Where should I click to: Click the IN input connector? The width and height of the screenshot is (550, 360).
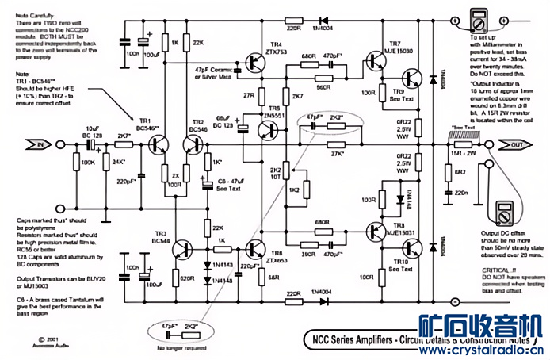click(35, 144)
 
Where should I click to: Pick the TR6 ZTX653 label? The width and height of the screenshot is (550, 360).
click(277, 235)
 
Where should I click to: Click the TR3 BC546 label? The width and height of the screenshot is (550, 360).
click(161, 239)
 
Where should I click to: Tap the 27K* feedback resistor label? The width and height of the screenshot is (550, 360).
click(338, 154)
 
